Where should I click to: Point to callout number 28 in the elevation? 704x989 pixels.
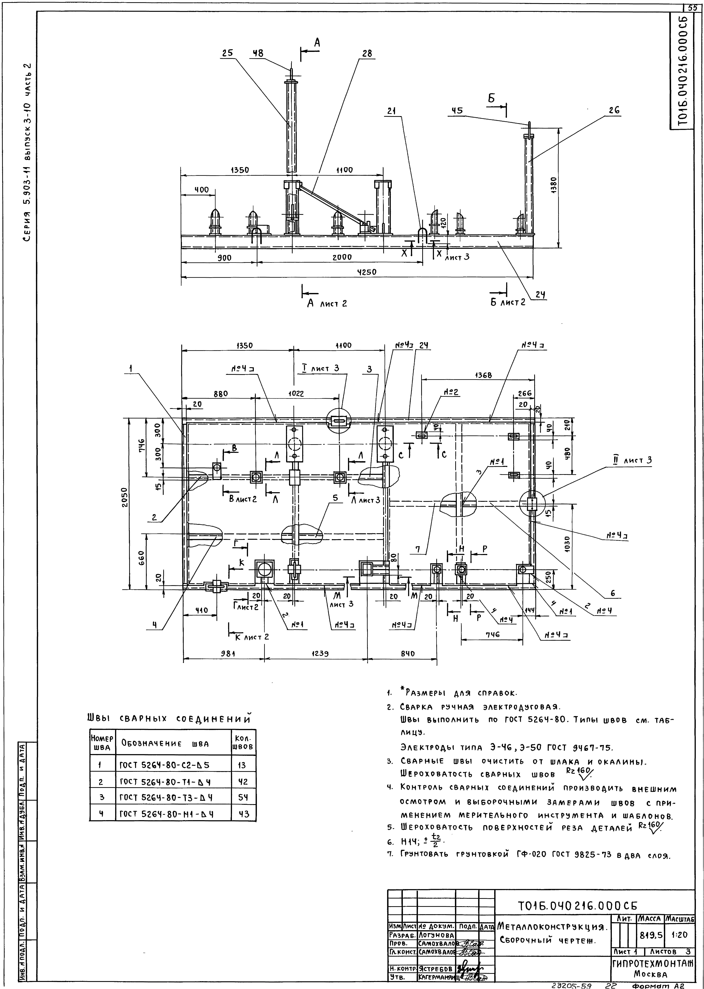(x=367, y=53)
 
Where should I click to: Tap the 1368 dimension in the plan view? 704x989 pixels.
(x=483, y=375)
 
